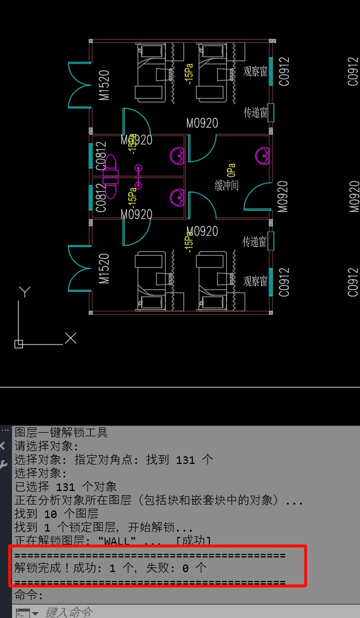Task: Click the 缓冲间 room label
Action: (226, 186)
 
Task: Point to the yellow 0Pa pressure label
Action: (231, 170)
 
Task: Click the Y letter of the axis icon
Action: (24, 292)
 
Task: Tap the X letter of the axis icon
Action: (71, 338)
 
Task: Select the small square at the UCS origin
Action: (19, 343)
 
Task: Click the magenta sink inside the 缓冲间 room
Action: (263, 156)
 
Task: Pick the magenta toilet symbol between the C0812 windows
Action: (111, 175)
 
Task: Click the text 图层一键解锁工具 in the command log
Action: (61, 433)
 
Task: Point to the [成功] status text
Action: (193, 541)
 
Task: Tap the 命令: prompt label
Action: (29, 595)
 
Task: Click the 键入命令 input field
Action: (69, 612)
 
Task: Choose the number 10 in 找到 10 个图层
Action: (51, 514)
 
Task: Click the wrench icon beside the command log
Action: (4, 465)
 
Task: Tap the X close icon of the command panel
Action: (4, 446)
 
